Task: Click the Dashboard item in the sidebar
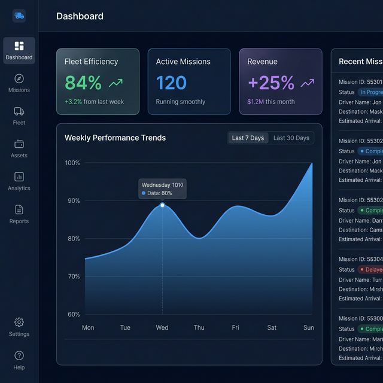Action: point(19,51)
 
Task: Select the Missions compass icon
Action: point(19,78)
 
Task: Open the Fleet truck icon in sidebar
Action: point(19,111)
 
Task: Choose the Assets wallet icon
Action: point(19,144)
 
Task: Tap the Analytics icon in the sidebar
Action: point(19,177)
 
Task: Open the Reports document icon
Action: point(19,209)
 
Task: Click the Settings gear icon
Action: point(19,322)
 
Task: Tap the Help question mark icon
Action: point(19,355)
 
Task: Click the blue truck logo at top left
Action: point(19,16)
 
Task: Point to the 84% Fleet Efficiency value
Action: point(83,83)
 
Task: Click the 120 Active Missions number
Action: point(171,83)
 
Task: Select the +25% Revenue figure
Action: point(271,83)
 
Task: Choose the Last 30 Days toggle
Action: point(291,138)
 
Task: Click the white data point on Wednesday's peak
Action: point(162,205)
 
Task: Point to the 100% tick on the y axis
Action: point(72,163)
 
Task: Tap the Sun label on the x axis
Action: point(309,328)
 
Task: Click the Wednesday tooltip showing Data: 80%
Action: point(162,189)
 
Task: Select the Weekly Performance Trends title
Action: point(115,138)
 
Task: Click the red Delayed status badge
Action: point(371,269)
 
